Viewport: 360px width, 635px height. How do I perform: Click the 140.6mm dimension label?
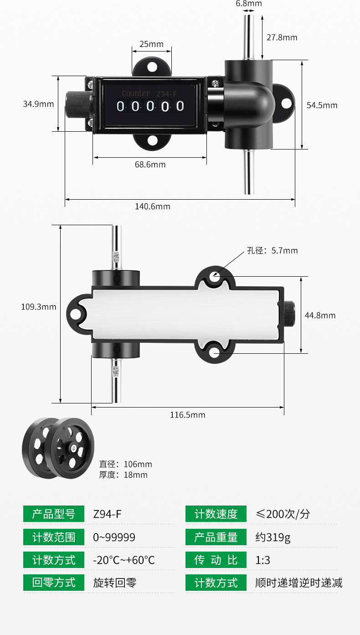[x=153, y=207]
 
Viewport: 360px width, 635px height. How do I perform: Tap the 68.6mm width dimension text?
[x=150, y=165]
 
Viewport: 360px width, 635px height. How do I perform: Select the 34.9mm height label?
[x=39, y=104]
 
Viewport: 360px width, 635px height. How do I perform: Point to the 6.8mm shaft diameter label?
[x=249, y=4]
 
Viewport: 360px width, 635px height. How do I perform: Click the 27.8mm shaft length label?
[x=282, y=37]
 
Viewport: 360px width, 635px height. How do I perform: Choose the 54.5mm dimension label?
[x=322, y=105]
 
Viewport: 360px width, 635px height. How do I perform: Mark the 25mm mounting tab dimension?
[x=151, y=44]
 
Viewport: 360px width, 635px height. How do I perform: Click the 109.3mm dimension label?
[x=39, y=307]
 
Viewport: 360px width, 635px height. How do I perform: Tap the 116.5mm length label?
[x=188, y=415]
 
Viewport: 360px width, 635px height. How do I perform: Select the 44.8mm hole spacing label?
[x=320, y=315]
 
